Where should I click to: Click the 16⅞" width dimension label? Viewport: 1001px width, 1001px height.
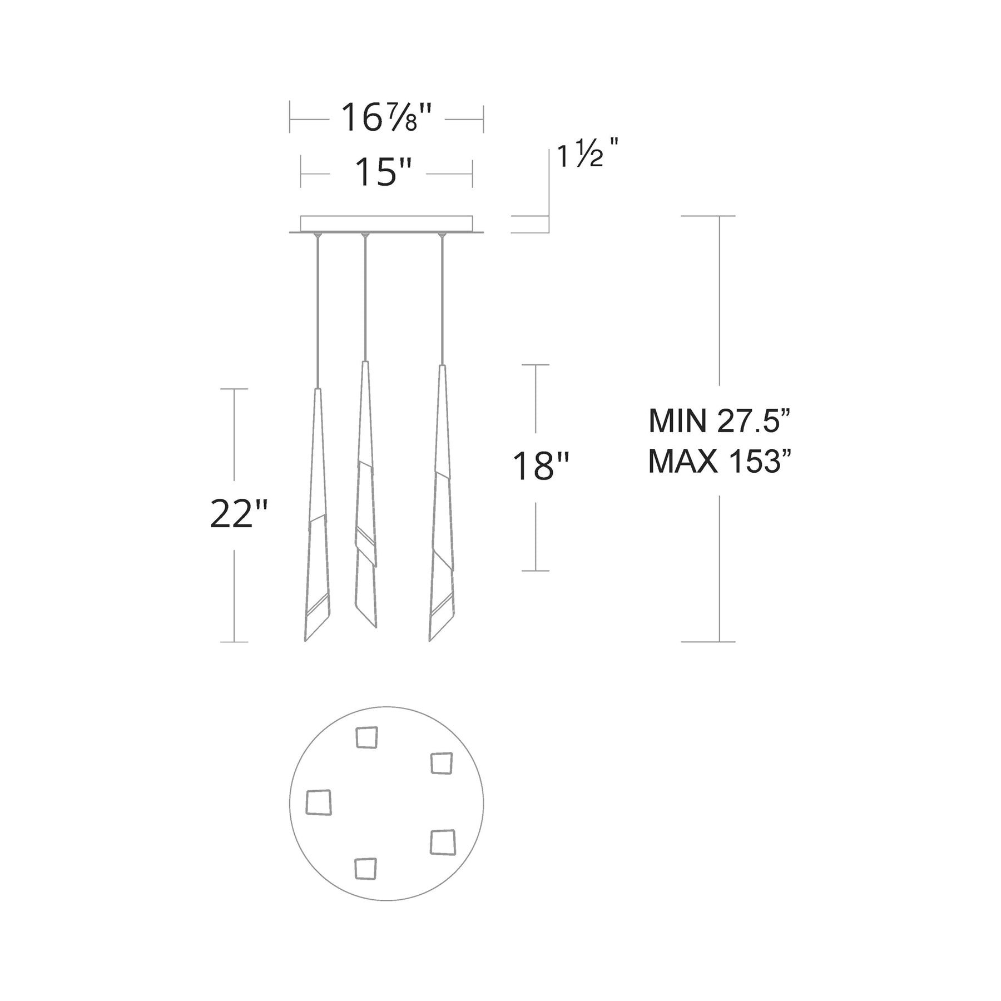click(386, 118)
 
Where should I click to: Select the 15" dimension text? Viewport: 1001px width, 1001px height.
click(383, 172)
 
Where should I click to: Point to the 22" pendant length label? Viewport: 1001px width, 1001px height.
click(239, 515)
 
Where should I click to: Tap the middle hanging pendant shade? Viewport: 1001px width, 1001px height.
click(365, 500)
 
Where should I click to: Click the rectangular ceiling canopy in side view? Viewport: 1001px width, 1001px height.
click(386, 224)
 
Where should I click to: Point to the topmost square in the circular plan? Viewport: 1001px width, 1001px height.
click(367, 738)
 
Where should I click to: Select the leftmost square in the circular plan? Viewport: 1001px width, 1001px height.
click(319, 802)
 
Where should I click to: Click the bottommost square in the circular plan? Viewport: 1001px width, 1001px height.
click(366, 869)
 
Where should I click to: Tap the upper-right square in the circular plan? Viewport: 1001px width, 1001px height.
click(442, 763)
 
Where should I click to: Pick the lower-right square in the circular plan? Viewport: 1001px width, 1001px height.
click(443, 843)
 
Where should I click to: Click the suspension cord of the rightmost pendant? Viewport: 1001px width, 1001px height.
click(442, 300)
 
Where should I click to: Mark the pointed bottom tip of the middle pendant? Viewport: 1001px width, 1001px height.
click(375, 626)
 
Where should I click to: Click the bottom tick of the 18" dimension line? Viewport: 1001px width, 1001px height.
click(536, 571)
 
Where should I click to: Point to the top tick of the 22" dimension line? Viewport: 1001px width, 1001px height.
click(234, 389)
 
